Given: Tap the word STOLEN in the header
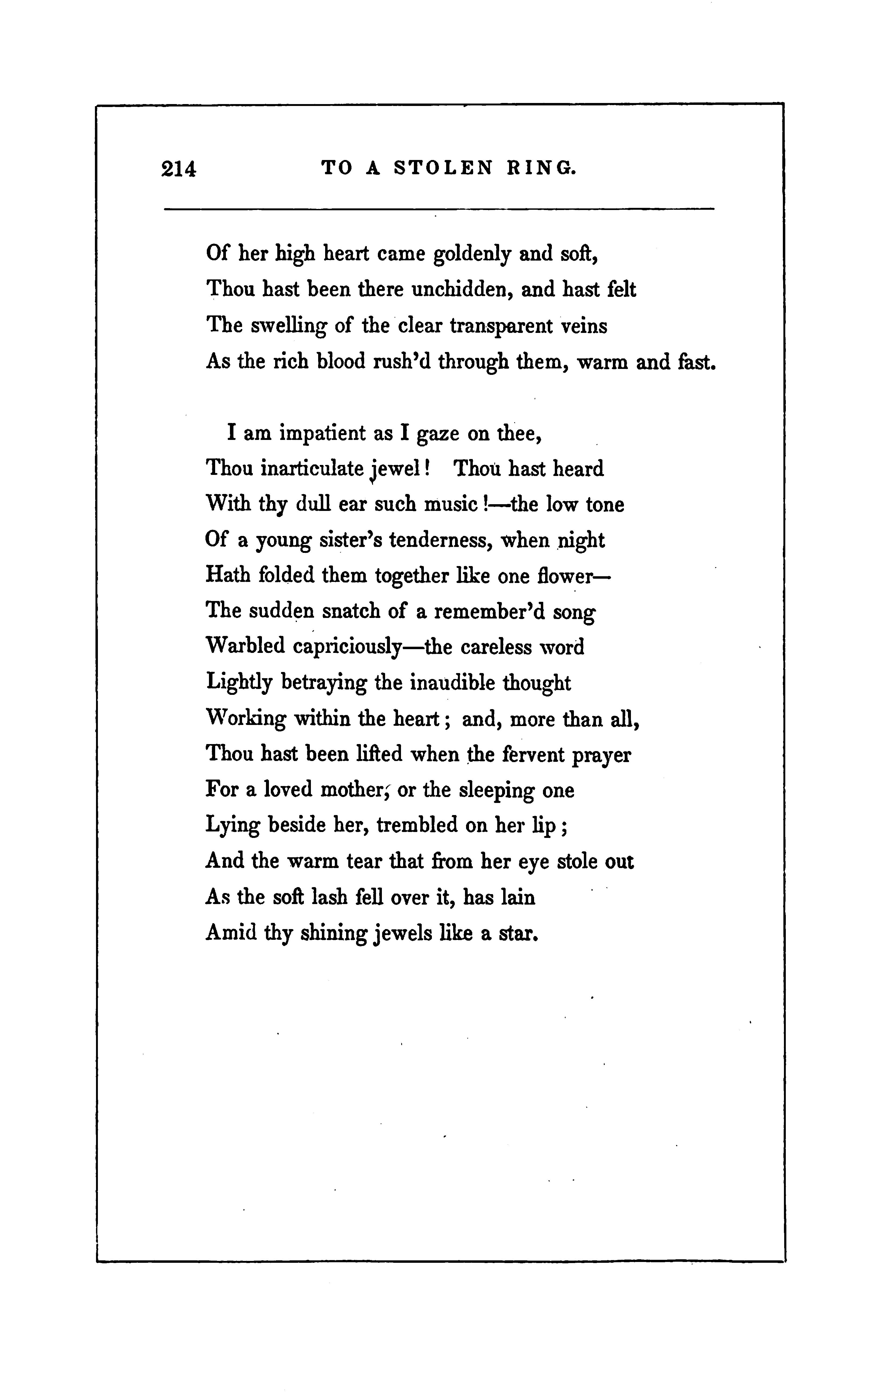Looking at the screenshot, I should point(443,168).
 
